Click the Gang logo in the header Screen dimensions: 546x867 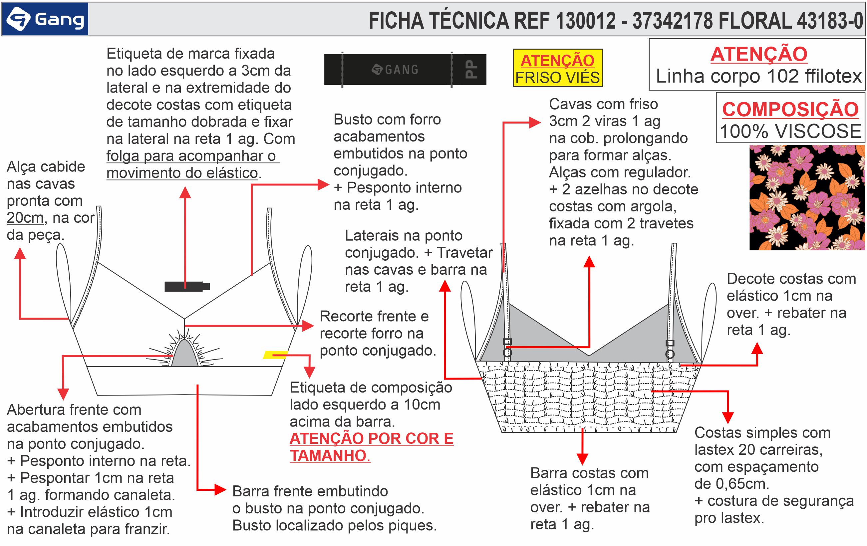coord(45,19)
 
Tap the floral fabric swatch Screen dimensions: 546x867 coord(806,198)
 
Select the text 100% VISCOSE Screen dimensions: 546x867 coord(790,131)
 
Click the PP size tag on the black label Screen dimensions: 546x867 coord(471,70)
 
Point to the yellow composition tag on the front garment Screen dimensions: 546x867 coord(275,355)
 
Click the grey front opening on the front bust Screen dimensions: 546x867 coord(185,354)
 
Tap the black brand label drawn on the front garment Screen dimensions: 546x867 coord(187,287)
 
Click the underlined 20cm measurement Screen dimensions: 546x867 coord(25,218)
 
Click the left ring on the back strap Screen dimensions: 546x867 coord(507,352)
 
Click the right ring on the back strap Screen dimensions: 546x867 coord(670,354)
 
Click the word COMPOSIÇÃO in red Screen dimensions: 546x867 coord(790,109)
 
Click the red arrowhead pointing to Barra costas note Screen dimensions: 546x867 coord(582,458)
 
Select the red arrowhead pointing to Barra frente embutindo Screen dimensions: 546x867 coord(220,490)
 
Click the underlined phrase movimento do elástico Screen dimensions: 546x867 coord(182,173)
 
